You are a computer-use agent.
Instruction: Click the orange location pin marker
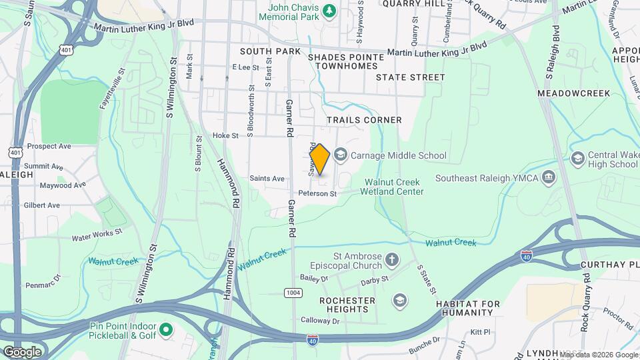(320, 159)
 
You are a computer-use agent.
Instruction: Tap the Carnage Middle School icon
(341, 156)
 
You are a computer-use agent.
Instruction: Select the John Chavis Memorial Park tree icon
(328, 10)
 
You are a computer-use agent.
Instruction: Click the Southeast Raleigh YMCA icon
(549, 177)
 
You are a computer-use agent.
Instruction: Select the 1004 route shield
(293, 292)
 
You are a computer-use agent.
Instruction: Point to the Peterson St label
(318, 193)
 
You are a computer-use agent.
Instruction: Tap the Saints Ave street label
(267, 178)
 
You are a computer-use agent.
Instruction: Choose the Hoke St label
(225, 135)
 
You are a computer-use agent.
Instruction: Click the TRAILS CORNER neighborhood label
(364, 120)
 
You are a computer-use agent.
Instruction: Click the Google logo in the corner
(21, 351)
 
